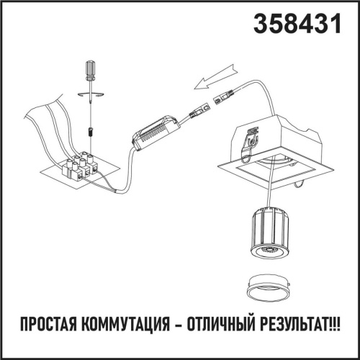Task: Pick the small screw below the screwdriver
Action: pos(90,132)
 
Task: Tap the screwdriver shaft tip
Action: pos(89,115)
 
